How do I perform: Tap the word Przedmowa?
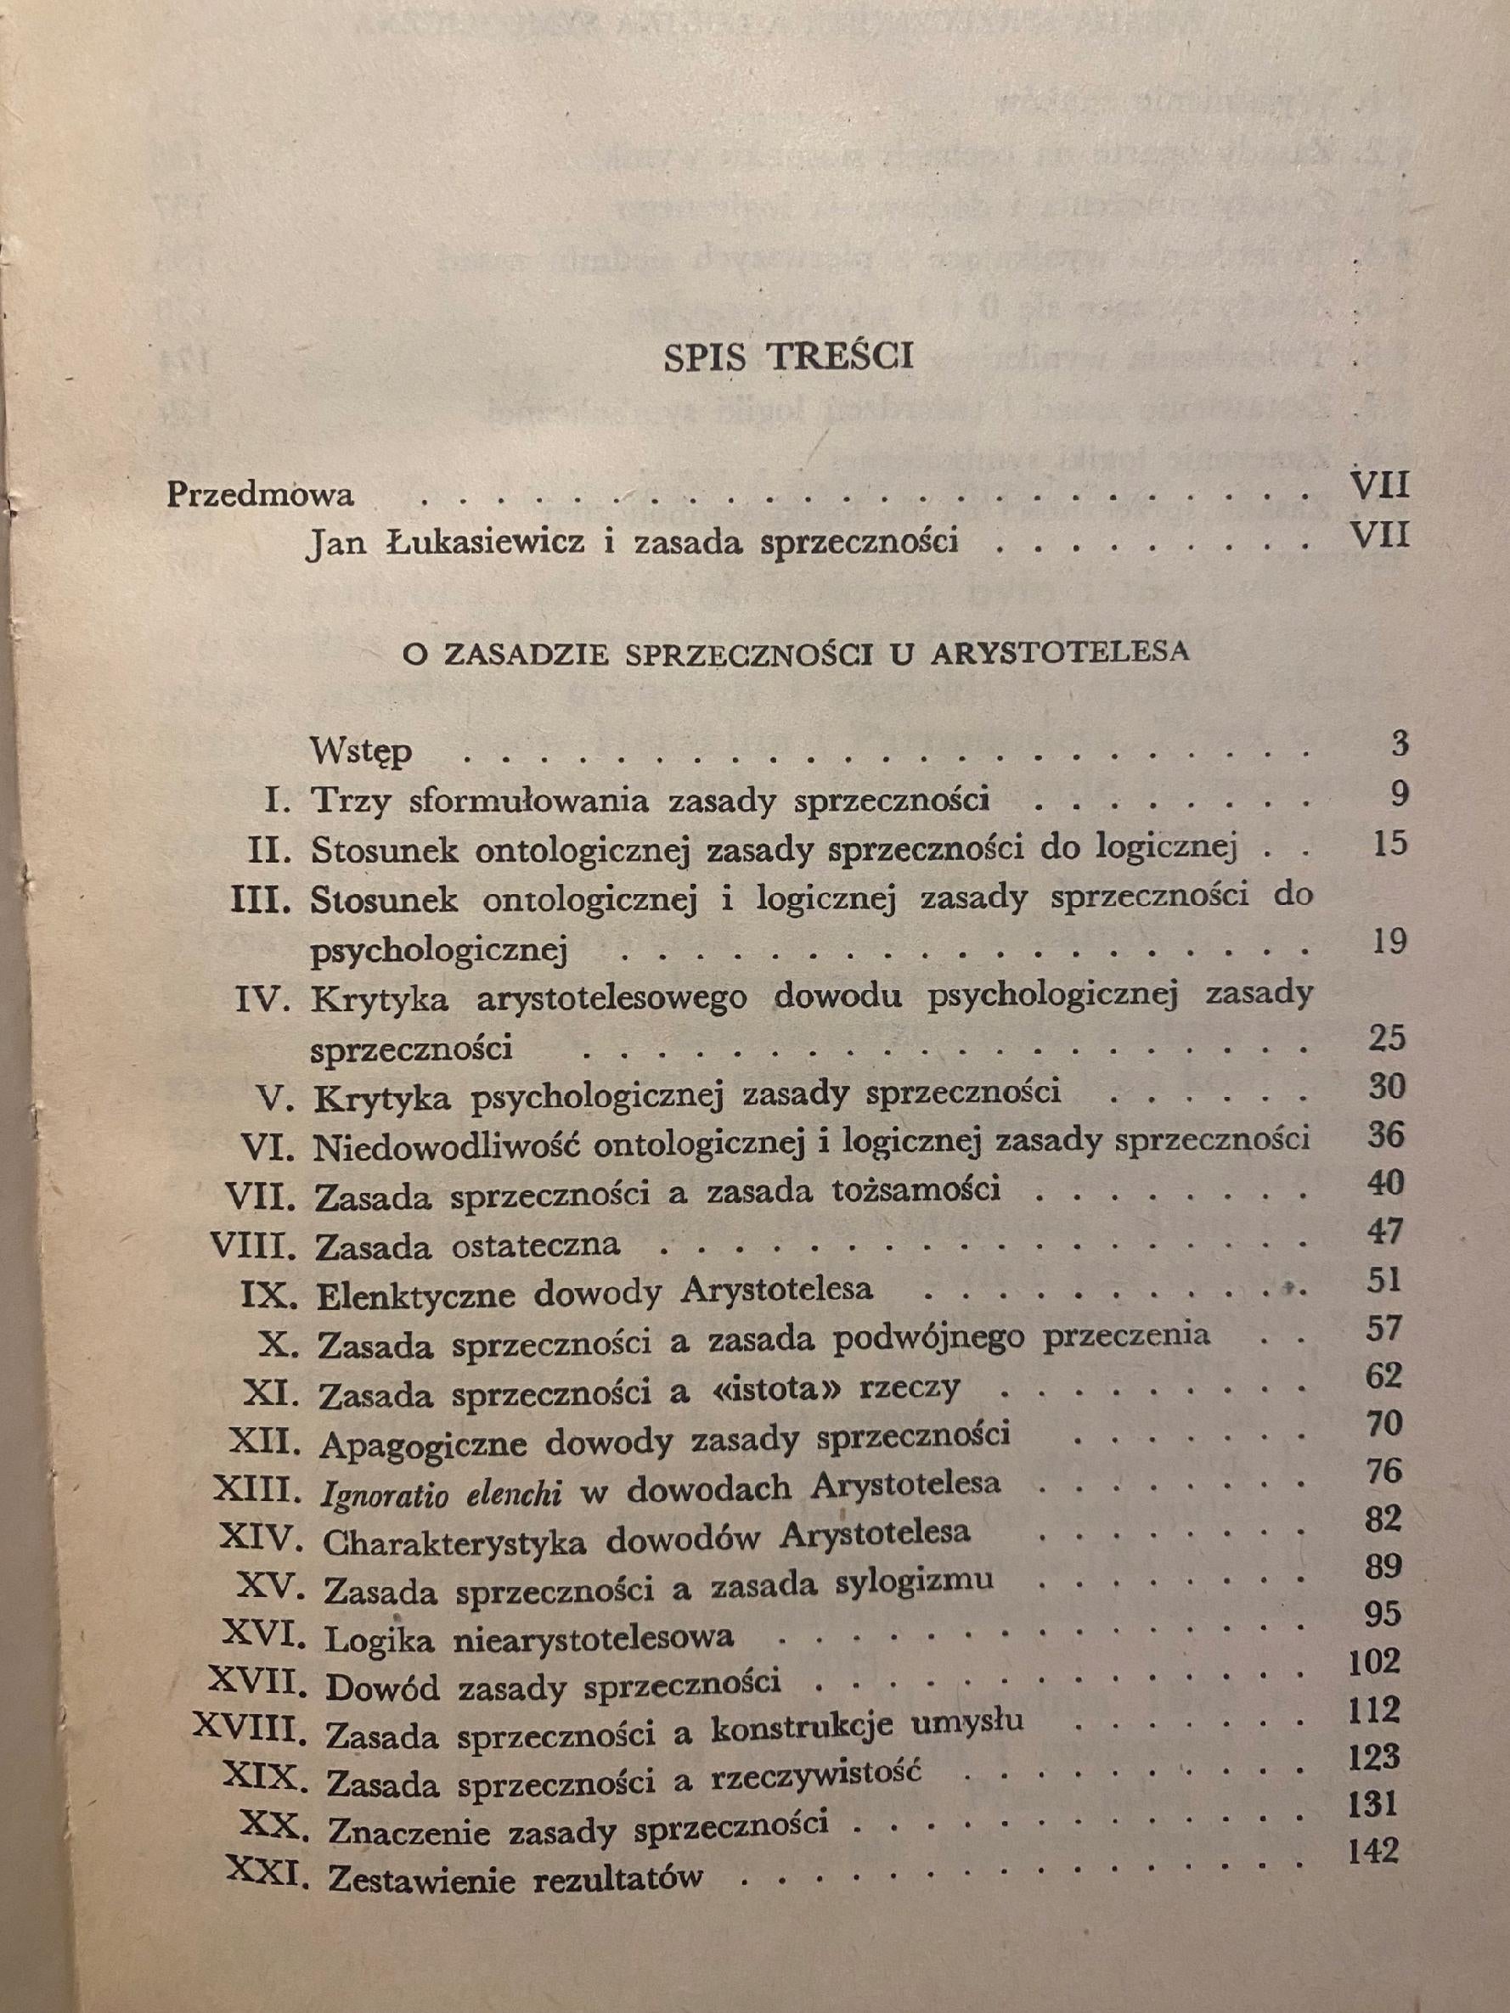261,495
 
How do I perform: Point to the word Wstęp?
361,751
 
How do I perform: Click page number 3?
1399,744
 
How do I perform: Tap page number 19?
1387,940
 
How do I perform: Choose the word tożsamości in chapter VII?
913,1190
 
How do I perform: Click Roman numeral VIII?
256,1242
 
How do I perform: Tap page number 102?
1374,1662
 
